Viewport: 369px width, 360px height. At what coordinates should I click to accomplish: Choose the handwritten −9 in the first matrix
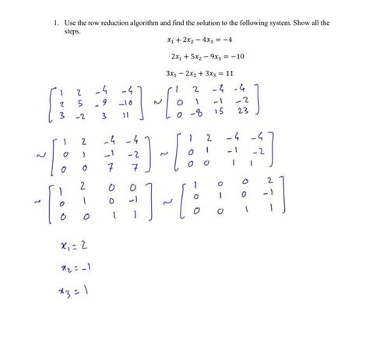(x=104, y=102)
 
